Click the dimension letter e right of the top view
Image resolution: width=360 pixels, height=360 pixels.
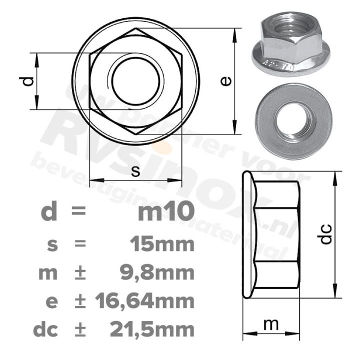[x=226, y=81]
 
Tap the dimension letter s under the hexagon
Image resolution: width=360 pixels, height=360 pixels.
[x=135, y=171]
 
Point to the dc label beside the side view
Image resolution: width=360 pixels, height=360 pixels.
[x=325, y=234]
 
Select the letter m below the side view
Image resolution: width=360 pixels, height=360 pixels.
[x=270, y=324]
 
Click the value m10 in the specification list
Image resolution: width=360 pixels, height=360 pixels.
[x=165, y=212]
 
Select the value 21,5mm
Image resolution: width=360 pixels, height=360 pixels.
[x=151, y=329]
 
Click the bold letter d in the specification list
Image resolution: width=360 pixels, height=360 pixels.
[x=48, y=212]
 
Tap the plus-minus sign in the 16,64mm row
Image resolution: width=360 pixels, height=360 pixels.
[x=79, y=301]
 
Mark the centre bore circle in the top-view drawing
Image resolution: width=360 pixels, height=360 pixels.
[x=136, y=81]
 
